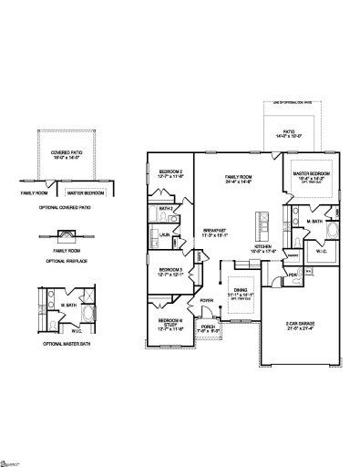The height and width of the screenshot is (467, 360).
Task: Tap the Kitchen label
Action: [263, 247]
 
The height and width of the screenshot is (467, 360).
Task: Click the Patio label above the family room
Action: [288, 131]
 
